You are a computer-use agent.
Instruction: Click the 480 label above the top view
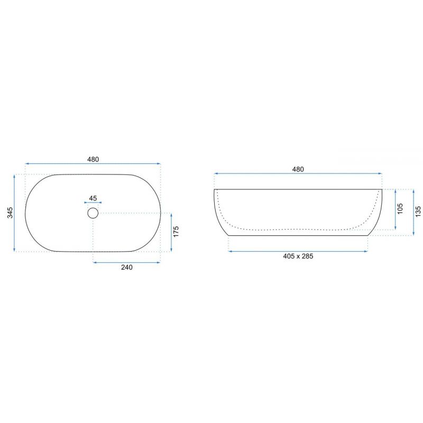click(93, 159)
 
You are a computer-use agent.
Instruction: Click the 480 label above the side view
click(298, 169)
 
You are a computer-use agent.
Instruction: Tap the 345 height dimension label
click(10, 213)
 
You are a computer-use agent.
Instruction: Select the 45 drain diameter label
click(93, 198)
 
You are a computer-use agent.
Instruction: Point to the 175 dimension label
click(176, 232)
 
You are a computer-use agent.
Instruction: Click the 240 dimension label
click(127, 267)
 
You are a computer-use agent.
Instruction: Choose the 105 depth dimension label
click(400, 209)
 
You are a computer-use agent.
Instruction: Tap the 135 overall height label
click(418, 212)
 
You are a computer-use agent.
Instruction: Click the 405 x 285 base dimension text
click(298, 256)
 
